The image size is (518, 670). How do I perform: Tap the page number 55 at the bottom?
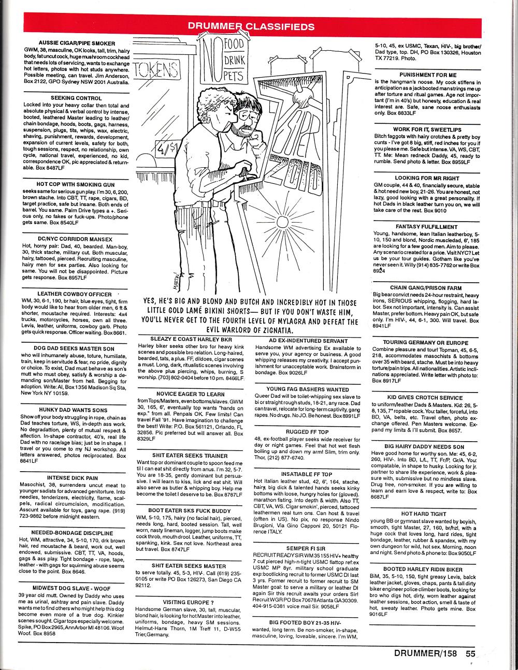(x=470, y=653)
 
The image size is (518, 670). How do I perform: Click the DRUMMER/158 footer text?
(x=425, y=653)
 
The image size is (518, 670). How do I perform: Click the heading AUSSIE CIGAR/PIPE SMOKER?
(x=76, y=43)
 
